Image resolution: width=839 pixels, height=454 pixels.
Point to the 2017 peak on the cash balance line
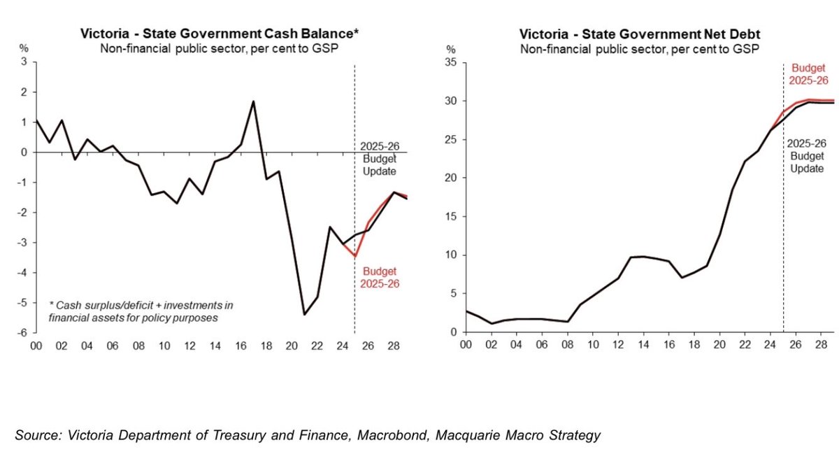point(253,101)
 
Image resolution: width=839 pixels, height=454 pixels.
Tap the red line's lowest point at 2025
point(354,257)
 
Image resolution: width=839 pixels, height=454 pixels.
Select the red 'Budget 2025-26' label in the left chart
point(379,278)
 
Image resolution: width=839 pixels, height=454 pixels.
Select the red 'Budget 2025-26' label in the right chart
point(808,74)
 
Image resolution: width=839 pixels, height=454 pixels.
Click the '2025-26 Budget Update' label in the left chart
point(378,159)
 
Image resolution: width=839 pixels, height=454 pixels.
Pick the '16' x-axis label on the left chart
point(241,346)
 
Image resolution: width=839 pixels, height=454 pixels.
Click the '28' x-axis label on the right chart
point(821,346)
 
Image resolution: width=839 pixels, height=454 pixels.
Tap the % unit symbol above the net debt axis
point(451,50)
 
